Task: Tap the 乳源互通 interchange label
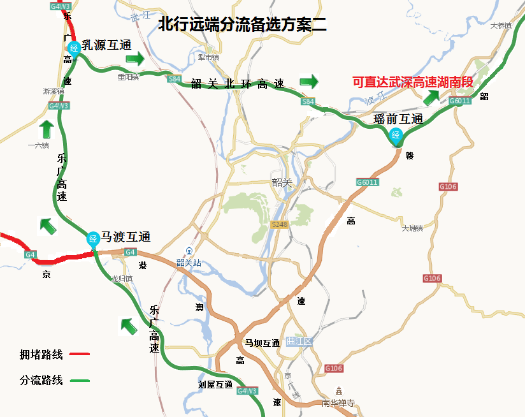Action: click(106, 45)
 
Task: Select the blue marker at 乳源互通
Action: click(73, 47)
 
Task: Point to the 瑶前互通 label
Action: click(398, 119)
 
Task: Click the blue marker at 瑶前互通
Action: click(396, 135)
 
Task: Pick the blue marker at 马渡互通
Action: click(93, 239)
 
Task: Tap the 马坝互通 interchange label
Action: click(262, 343)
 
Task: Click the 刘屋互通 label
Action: click(215, 384)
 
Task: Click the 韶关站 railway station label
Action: click(189, 262)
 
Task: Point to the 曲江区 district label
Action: click(299, 342)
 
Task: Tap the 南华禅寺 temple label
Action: click(338, 403)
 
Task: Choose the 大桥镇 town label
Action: click(501, 26)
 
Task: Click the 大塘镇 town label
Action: click(413, 228)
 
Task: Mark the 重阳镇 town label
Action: click(127, 77)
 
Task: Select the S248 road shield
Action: click(280, 224)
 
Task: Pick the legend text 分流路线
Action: click(41, 381)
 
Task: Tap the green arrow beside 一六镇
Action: click(46, 129)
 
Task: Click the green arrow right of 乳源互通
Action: click(135, 59)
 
